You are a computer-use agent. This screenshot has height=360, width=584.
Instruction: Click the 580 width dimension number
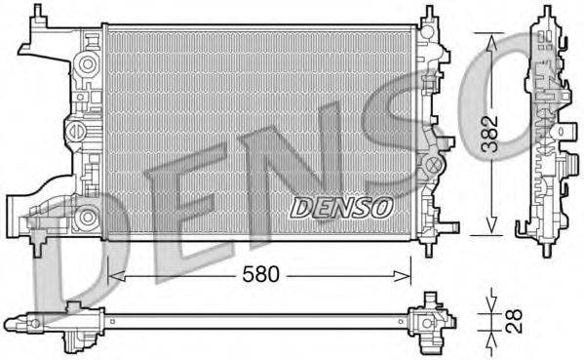(x=260, y=274)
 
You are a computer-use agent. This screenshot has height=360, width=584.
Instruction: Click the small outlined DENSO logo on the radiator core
(x=341, y=207)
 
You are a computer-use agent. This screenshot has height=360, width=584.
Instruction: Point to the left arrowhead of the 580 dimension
(x=112, y=275)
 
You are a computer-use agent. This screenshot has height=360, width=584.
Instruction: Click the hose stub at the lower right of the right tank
(x=449, y=225)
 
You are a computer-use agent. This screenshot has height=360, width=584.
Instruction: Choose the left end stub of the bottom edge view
(x=12, y=320)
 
